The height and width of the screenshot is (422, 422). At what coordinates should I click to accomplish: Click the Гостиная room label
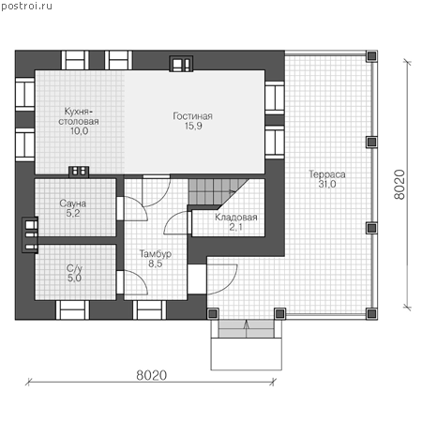click(x=192, y=116)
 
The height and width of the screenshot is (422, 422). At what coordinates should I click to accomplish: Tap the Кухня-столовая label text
click(x=79, y=116)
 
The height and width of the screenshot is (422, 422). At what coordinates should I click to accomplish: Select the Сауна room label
click(x=72, y=203)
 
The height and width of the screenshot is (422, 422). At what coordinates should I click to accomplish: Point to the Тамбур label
click(x=156, y=253)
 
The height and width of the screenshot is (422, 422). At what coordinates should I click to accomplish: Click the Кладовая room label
click(x=236, y=217)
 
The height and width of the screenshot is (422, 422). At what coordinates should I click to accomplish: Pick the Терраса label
click(x=327, y=174)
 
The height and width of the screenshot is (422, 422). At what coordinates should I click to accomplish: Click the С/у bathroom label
click(x=74, y=268)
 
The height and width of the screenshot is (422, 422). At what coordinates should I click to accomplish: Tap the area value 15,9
click(x=193, y=126)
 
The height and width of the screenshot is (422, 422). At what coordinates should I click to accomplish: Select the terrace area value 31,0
click(x=327, y=184)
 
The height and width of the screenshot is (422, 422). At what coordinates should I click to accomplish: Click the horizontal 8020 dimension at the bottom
click(x=152, y=375)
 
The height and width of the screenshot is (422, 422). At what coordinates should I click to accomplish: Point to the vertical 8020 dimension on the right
click(x=399, y=185)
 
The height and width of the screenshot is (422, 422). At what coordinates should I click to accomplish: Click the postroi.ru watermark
click(x=26, y=6)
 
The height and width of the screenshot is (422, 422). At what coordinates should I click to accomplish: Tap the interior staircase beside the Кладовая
click(x=216, y=191)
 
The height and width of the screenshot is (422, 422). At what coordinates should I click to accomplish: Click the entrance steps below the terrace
click(x=247, y=329)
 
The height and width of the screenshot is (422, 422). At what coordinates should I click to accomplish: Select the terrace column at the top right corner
click(x=371, y=56)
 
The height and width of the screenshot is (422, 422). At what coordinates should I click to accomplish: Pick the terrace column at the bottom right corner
click(x=371, y=313)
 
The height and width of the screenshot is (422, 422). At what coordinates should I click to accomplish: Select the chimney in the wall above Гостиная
click(x=181, y=64)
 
